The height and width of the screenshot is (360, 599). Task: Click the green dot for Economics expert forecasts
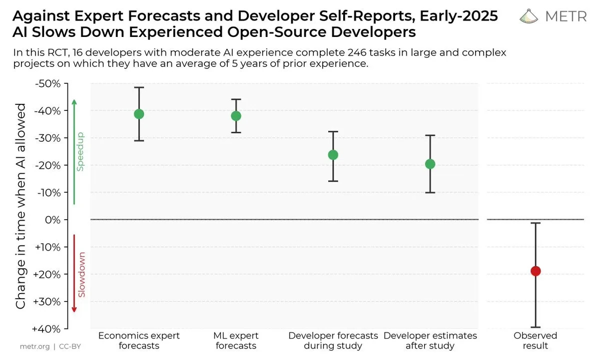coord(139,114)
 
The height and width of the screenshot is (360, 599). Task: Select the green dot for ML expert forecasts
coord(236,116)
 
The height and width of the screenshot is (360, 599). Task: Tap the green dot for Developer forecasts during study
coord(333,155)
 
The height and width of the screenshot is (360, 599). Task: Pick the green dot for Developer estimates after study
coord(430,164)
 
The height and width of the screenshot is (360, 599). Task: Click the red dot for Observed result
coord(536,271)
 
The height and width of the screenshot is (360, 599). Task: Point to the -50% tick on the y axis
coord(47,83)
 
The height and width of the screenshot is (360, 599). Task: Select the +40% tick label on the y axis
coord(47,329)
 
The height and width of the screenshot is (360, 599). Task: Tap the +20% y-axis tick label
coord(47,274)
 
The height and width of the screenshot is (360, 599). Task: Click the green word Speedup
coord(80,152)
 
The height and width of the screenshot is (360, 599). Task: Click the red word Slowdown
coord(81,275)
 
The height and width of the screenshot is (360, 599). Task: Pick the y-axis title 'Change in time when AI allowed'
coord(21,206)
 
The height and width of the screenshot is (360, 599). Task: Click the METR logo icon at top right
coord(530,16)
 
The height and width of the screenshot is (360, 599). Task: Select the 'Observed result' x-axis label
coord(535,341)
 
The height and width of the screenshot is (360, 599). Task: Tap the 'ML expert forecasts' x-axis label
coord(236,341)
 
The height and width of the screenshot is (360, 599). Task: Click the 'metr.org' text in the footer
coord(35,346)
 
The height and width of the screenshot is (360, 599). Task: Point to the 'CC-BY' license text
coord(70,346)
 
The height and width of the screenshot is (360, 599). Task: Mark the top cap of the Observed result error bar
coord(536,223)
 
